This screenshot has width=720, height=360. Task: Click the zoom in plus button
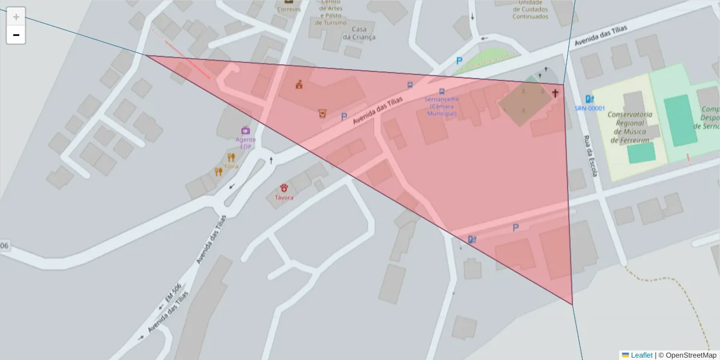(16, 17)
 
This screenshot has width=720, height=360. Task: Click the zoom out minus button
(16, 35)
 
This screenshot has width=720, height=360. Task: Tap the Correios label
(289, 9)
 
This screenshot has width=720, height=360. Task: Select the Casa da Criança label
(359, 33)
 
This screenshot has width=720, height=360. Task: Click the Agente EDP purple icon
(245, 130)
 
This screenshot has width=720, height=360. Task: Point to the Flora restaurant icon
(231, 158)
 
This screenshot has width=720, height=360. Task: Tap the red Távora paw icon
(284, 188)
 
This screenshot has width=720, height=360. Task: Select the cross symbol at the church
(555, 93)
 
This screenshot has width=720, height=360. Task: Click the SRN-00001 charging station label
(590, 109)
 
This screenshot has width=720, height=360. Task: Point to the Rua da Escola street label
(590, 155)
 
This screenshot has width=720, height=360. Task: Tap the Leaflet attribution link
(641, 355)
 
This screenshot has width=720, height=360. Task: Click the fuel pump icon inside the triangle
(472, 239)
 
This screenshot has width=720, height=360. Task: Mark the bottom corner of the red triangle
(572, 304)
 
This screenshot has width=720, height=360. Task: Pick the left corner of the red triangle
(146, 55)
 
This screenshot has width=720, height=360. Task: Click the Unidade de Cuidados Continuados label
(530, 10)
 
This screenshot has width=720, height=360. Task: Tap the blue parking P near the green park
(459, 61)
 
